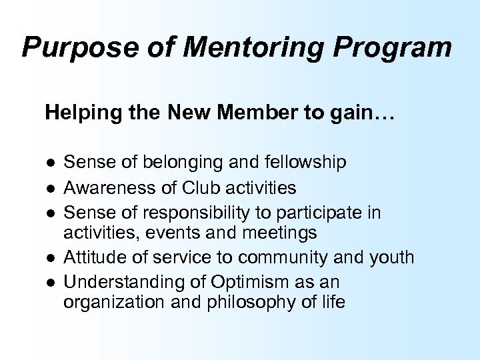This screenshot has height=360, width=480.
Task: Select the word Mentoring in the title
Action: click(219, 48)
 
